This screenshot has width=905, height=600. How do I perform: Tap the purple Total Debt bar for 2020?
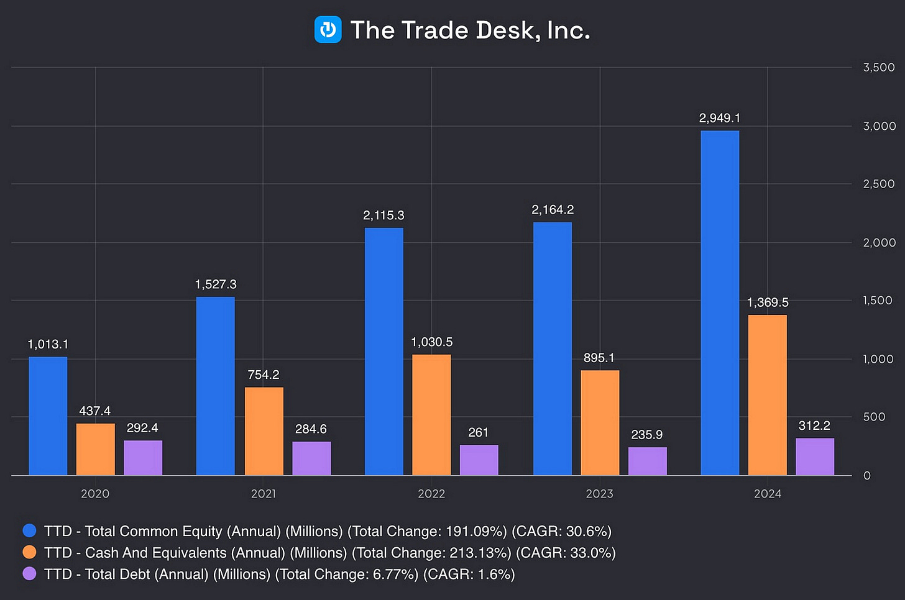click(143, 458)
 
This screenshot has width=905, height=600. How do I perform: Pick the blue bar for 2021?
click(216, 386)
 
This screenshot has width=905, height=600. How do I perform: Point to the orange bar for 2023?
click(600, 423)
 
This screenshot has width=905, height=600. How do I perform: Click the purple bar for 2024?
click(815, 457)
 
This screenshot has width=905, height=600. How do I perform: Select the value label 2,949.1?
click(720, 118)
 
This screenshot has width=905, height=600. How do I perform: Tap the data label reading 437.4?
click(95, 411)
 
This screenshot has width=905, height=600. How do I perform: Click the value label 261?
click(479, 432)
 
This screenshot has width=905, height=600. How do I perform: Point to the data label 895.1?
click(599, 358)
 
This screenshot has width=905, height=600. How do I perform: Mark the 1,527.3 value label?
click(216, 284)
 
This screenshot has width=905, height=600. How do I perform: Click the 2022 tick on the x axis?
click(431, 494)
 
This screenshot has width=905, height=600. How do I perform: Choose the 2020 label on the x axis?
click(95, 494)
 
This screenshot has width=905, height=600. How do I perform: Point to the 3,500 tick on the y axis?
click(879, 67)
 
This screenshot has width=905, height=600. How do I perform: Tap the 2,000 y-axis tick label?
click(879, 242)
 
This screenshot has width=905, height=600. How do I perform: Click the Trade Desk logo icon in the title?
click(328, 30)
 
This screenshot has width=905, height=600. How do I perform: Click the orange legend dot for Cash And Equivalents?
click(29, 552)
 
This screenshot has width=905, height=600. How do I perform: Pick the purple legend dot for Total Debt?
click(29, 574)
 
